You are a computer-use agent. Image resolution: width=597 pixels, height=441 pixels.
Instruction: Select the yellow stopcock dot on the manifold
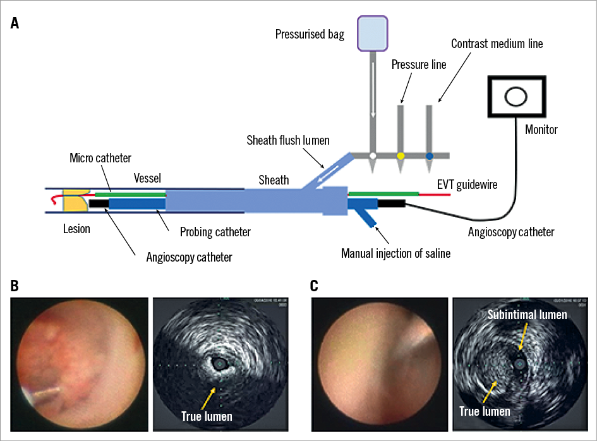tap(401, 155)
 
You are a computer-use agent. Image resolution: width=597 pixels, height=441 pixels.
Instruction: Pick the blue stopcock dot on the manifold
tap(430, 155)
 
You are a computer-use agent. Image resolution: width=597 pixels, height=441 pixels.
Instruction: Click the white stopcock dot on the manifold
tap(373, 155)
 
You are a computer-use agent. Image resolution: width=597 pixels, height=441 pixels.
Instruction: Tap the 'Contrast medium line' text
tap(497, 44)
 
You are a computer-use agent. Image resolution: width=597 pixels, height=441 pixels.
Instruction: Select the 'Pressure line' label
tap(419, 64)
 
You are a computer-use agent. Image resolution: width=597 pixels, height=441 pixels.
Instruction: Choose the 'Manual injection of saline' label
tap(395, 253)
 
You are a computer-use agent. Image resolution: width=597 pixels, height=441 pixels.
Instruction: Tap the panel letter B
tap(15, 286)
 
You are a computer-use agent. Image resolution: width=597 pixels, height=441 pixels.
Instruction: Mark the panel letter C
tap(315, 286)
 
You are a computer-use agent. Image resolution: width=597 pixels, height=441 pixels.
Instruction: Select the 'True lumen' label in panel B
tap(207, 416)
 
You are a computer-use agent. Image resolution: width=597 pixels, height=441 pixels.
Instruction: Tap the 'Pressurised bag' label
tap(310, 34)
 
